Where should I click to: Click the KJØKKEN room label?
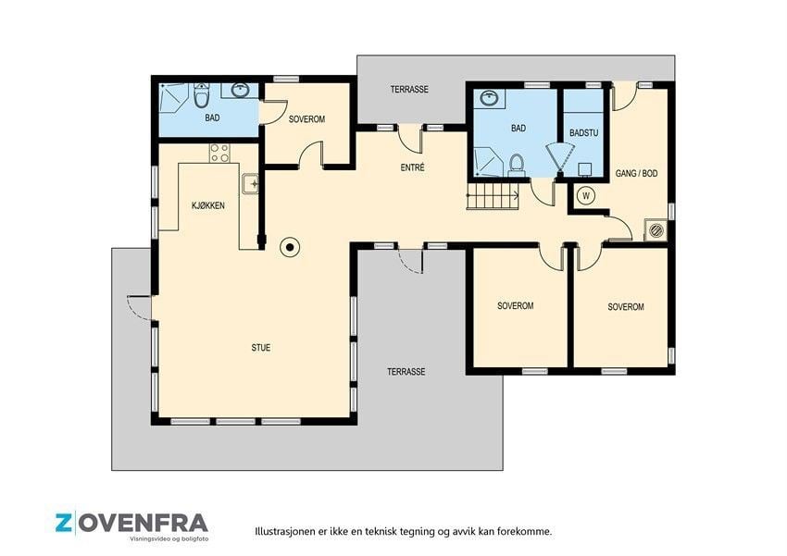click(207, 205)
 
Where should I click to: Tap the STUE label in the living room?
click(261, 348)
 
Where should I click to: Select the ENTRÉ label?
click(413, 167)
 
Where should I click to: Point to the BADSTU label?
click(583, 133)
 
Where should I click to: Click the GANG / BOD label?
click(636, 174)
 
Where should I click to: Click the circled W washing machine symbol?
click(586, 195)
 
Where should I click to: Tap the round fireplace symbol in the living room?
click(290, 247)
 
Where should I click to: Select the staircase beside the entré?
click(493, 195)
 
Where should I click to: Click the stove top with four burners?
click(219, 153)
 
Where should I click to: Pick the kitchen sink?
click(250, 184)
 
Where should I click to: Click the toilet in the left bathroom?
click(201, 96)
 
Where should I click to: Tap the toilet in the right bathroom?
click(516, 165)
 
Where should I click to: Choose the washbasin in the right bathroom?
click(489, 98)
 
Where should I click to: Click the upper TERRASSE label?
click(409, 89)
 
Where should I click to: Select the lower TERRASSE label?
click(406, 372)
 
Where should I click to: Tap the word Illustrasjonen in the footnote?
click(285, 531)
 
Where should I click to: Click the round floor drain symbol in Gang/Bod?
click(656, 230)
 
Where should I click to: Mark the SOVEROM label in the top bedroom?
click(306, 119)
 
